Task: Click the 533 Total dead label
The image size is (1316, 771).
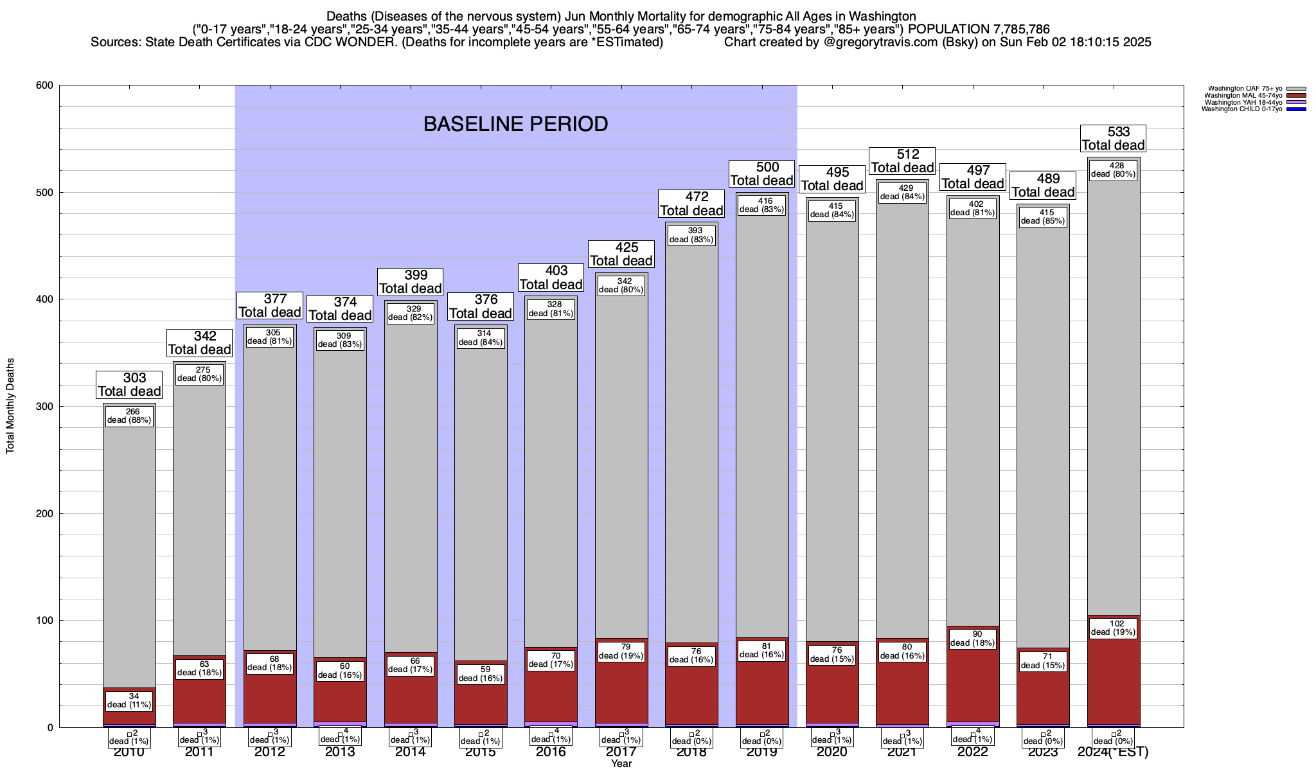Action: tap(1113, 139)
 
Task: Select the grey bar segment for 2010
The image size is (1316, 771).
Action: tap(129, 546)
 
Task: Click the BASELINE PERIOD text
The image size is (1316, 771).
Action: tap(515, 124)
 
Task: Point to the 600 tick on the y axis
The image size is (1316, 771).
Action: tap(47, 85)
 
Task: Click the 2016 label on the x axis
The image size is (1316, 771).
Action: tap(551, 752)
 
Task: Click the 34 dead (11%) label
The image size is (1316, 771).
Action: tap(129, 700)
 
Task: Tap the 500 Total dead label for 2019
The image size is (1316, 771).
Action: tap(761, 174)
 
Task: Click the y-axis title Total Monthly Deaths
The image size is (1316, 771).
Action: tap(10, 406)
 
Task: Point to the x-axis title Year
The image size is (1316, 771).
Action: tap(621, 764)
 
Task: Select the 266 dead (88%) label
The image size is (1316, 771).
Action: tap(129, 416)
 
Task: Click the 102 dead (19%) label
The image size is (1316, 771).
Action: tap(1113, 628)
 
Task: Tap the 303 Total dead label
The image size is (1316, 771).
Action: tap(129, 385)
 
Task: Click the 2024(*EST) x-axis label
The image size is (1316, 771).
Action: tap(1113, 752)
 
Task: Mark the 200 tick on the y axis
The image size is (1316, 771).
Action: tap(47, 513)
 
